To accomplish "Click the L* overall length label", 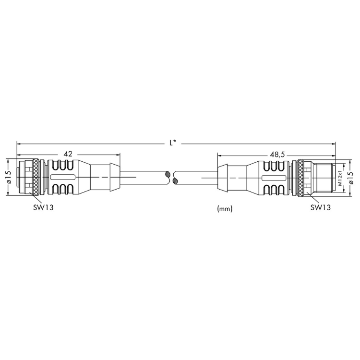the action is tap(173, 143).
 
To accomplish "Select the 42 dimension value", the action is tap(68, 154).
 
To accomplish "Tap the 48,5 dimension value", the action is tap(277, 155).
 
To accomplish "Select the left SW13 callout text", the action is tap(43, 207).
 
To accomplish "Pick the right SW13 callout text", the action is tap(321, 207).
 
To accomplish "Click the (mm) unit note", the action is tap(225, 209).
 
